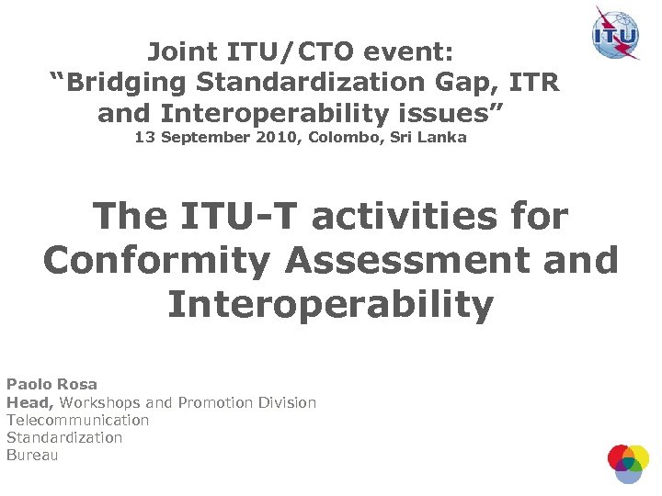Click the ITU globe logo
point(615,32)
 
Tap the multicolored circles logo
point(628,463)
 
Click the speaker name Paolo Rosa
point(51,384)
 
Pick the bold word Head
point(29,402)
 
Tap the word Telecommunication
point(77,420)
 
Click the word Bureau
point(32,455)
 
